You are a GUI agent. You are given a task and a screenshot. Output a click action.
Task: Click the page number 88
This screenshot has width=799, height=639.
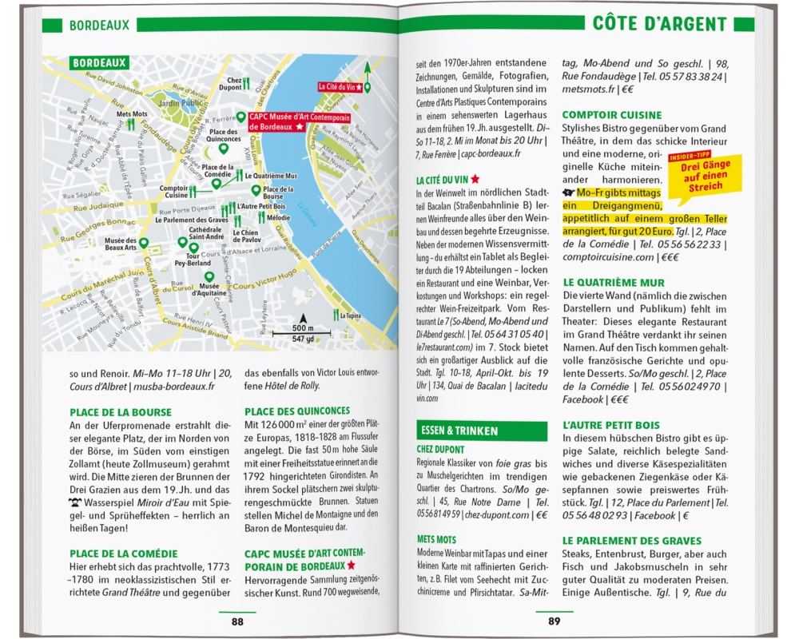click(237, 621)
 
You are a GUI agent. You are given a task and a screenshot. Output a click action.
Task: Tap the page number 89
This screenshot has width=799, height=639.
click(555, 621)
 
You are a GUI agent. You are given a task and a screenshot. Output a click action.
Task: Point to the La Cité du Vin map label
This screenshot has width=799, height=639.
click(340, 86)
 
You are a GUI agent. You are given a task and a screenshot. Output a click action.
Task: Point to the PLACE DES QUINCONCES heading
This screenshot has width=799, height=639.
click(296, 411)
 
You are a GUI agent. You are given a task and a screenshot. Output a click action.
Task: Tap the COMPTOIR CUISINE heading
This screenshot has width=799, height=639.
click(612, 115)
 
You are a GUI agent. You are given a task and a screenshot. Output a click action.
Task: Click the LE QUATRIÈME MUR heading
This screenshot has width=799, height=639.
click(614, 282)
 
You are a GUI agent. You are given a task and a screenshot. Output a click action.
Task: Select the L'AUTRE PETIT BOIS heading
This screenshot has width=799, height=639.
click(611, 425)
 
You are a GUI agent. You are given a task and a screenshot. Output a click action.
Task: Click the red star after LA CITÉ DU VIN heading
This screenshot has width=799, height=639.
click(475, 180)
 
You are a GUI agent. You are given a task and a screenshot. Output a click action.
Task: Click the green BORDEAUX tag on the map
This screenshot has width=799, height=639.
click(100, 62)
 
